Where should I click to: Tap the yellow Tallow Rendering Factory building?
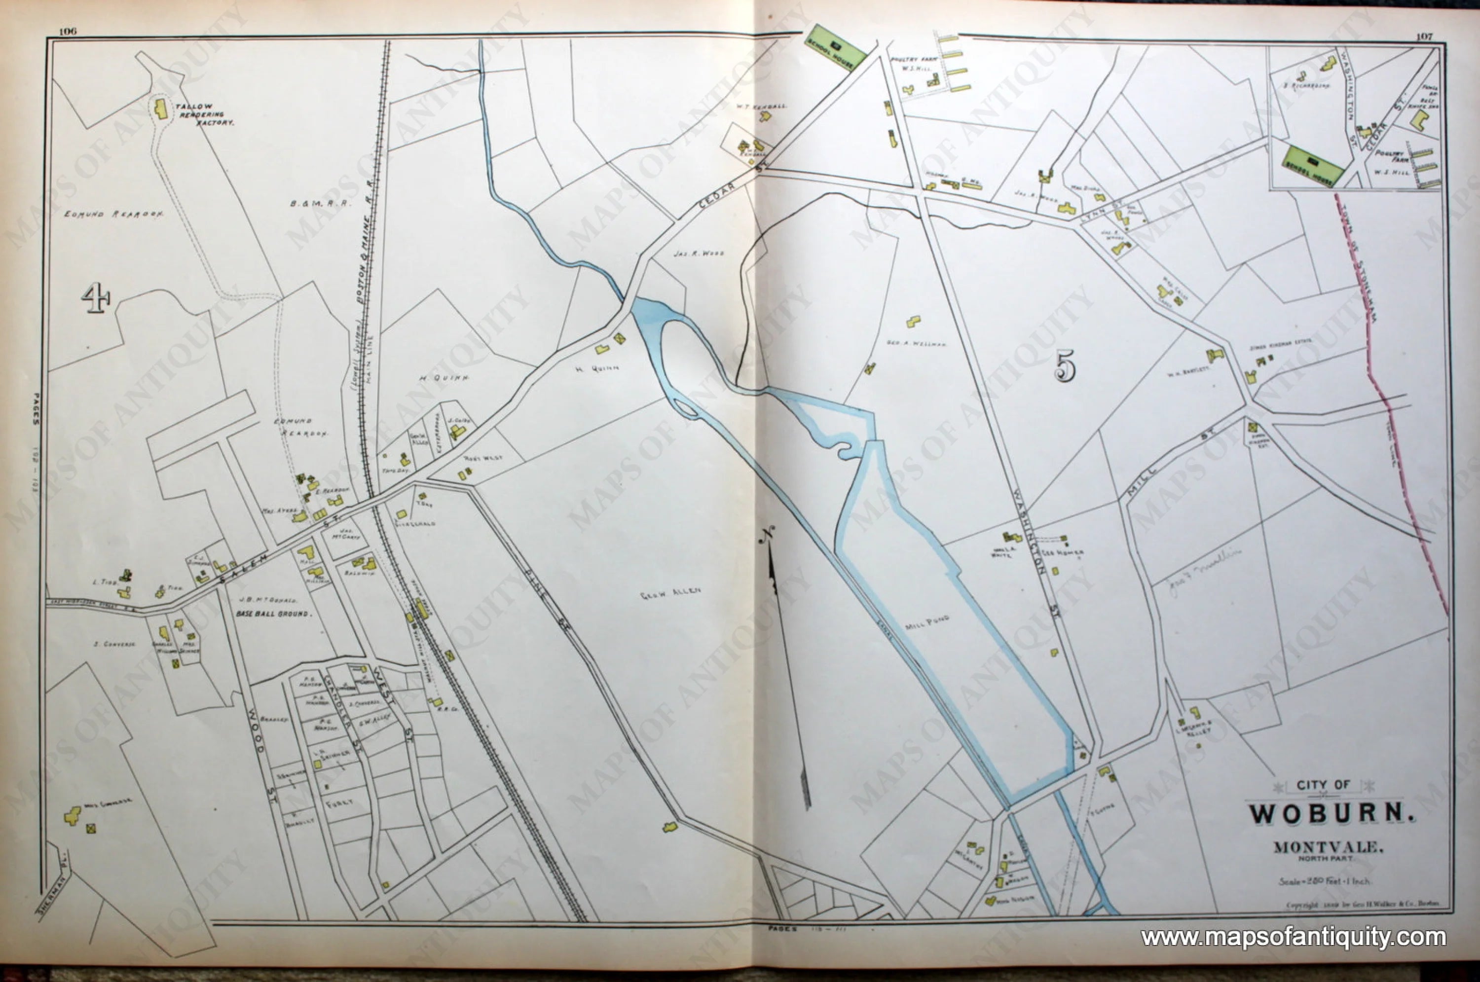click(x=161, y=109)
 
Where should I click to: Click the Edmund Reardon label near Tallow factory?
click(x=114, y=214)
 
